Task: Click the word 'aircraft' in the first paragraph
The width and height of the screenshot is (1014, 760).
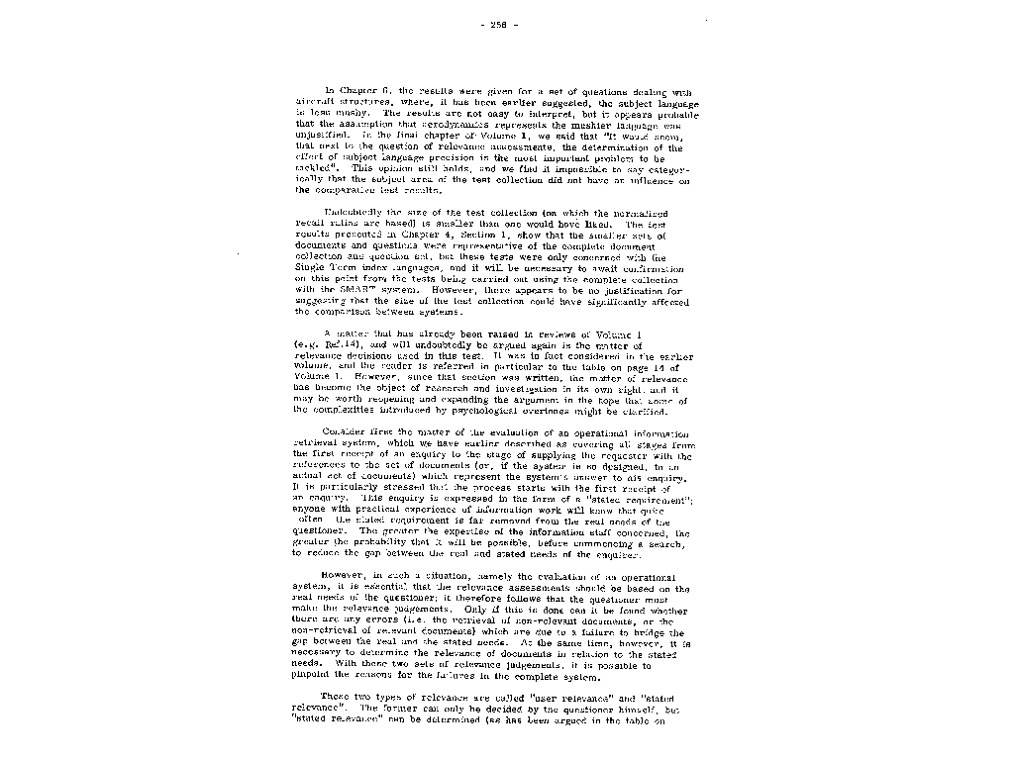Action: tap(317, 102)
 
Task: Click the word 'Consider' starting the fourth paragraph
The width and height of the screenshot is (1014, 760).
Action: tap(347, 433)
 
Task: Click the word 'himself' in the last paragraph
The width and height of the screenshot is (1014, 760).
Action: tap(629, 710)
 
